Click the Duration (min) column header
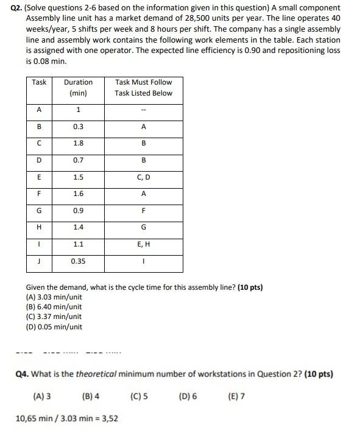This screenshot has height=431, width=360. tap(78, 88)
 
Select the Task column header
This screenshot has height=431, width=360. tap(39, 82)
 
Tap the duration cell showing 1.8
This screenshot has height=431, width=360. tap(78, 144)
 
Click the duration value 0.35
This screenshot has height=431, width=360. tap(78, 261)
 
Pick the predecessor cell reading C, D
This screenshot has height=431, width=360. tap(143, 177)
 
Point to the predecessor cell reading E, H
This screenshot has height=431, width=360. tap(143, 244)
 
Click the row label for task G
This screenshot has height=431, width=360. tap(39, 211)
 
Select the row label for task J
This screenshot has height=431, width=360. tap(39, 261)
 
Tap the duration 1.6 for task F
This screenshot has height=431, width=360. tap(78, 194)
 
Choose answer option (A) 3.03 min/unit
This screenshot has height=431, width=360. tap(54, 297)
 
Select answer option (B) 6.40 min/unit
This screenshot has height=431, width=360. tap(54, 307)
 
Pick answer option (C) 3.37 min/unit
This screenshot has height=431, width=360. tap(54, 317)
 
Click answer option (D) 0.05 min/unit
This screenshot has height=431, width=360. tap(54, 326)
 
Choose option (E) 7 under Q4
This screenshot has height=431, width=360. tap(236, 396)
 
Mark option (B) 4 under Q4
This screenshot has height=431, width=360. tap(90, 396)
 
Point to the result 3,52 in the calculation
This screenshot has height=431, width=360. tap(108, 418)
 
